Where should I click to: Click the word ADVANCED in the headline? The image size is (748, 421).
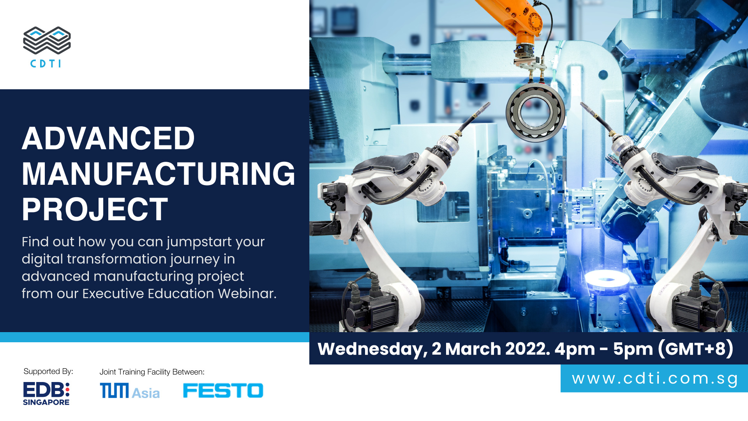(x=108, y=138)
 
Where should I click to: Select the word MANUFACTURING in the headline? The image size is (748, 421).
(x=159, y=174)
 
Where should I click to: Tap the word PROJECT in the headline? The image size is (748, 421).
(x=95, y=209)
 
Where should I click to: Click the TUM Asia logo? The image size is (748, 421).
(x=130, y=391)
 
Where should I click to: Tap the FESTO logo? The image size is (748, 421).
(x=223, y=391)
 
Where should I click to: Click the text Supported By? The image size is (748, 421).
(x=48, y=371)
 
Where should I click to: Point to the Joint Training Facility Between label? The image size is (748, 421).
(x=152, y=372)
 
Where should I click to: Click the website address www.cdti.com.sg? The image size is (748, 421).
(x=655, y=379)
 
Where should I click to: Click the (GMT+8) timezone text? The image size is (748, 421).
(x=696, y=348)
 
